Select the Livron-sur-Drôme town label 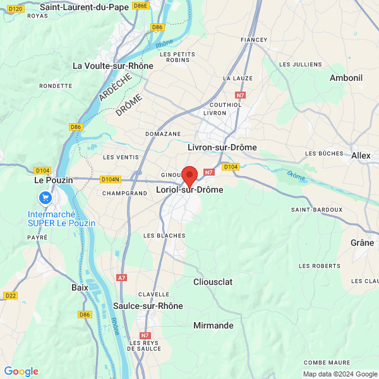coord(222,147)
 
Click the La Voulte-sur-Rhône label coord(112,65)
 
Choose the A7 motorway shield coord(122,277)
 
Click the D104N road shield coord(111,179)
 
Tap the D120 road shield coord(17,8)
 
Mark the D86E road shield coord(140,6)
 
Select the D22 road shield coord(10,295)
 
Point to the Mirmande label coord(213,325)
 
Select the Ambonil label coord(346,77)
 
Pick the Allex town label coord(361,155)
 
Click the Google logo coord(21,371)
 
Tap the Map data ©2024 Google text coord(340,374)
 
